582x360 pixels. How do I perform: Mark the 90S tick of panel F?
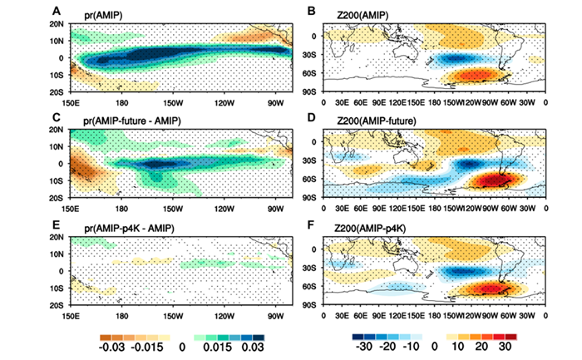tap(313, 307)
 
